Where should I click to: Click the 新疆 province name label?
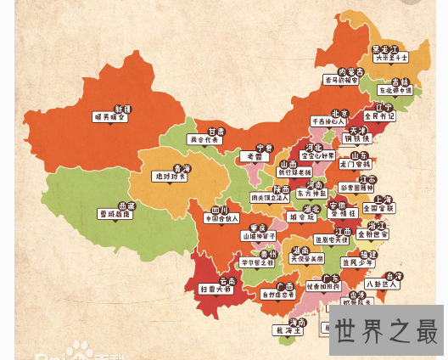[121, 109]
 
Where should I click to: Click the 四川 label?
[220, 209]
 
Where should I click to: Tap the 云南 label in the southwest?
[227, 280]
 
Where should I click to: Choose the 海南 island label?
[297, 323]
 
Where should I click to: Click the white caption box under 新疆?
[110, 118]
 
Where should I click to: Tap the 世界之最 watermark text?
[387, 329]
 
